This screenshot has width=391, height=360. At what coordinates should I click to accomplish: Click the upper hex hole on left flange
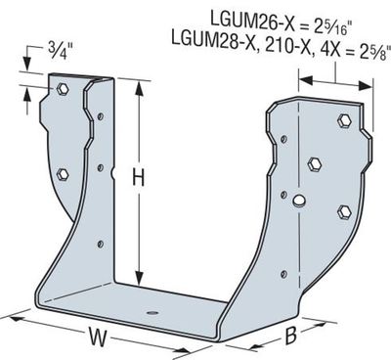point(62,89)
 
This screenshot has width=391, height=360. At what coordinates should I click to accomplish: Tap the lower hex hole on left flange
point(64,174)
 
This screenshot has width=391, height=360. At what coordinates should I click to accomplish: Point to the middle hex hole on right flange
point(315,162)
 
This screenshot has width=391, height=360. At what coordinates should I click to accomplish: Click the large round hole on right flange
point(301,203)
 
